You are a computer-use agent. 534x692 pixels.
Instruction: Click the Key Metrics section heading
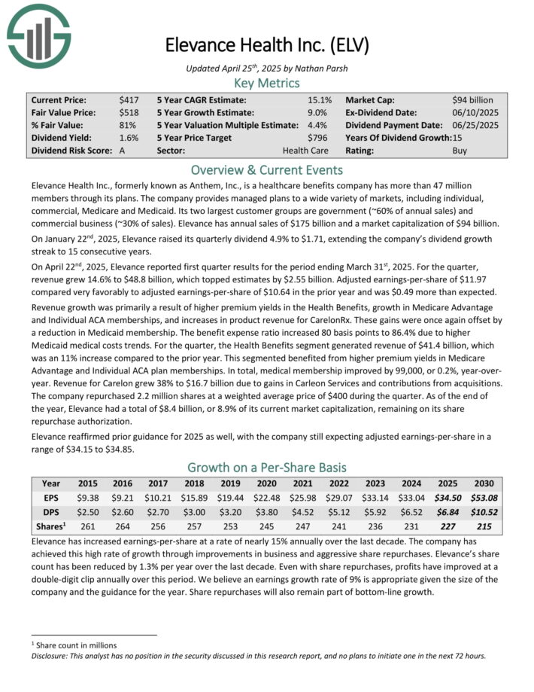click(266, 83)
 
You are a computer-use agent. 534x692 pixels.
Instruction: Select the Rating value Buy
click(460, 151)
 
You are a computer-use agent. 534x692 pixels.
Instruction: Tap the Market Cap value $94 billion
click(473, 99)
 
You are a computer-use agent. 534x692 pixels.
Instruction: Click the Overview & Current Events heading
click(266, 169)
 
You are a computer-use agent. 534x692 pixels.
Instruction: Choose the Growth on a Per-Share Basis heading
click(266, 467)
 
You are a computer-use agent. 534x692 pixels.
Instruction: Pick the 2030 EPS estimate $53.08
click(484, 498)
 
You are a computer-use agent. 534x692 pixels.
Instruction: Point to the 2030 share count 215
click(484, 525)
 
